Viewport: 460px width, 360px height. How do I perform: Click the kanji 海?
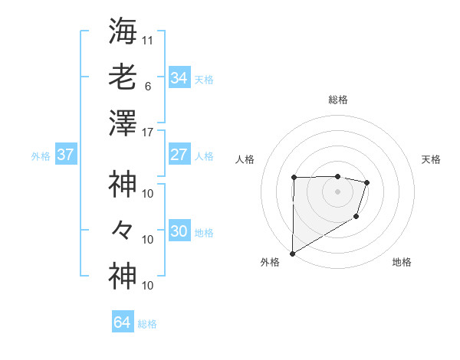click(x=123, y=31)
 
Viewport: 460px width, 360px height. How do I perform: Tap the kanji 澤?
click(x=123, y=123)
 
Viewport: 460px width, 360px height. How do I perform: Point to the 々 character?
click(x=123, y=230)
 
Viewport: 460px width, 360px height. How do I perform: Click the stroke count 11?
click(x=148, y=38)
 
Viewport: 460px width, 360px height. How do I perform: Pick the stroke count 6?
click(x=148, y=86)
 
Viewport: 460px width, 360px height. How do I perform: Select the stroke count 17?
click(x=148, y=133)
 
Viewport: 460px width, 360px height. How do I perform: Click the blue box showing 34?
click(x=179, y=78)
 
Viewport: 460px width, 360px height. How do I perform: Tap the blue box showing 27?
click(x=179, y=155)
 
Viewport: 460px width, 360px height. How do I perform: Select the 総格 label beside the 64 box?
click(x=148, y=324)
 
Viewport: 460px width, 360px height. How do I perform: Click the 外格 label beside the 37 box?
click(x=41, y=156)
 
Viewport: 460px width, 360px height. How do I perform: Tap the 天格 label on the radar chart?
click(x=432, y=159)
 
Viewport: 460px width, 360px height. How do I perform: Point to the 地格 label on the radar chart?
click(x=402, y=262)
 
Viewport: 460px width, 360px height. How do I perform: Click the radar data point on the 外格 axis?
click(x=292, y=253)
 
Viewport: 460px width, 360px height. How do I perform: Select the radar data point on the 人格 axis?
click(x=294, y=178)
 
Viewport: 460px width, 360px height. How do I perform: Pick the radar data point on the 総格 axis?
click(x=338, y=176)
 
